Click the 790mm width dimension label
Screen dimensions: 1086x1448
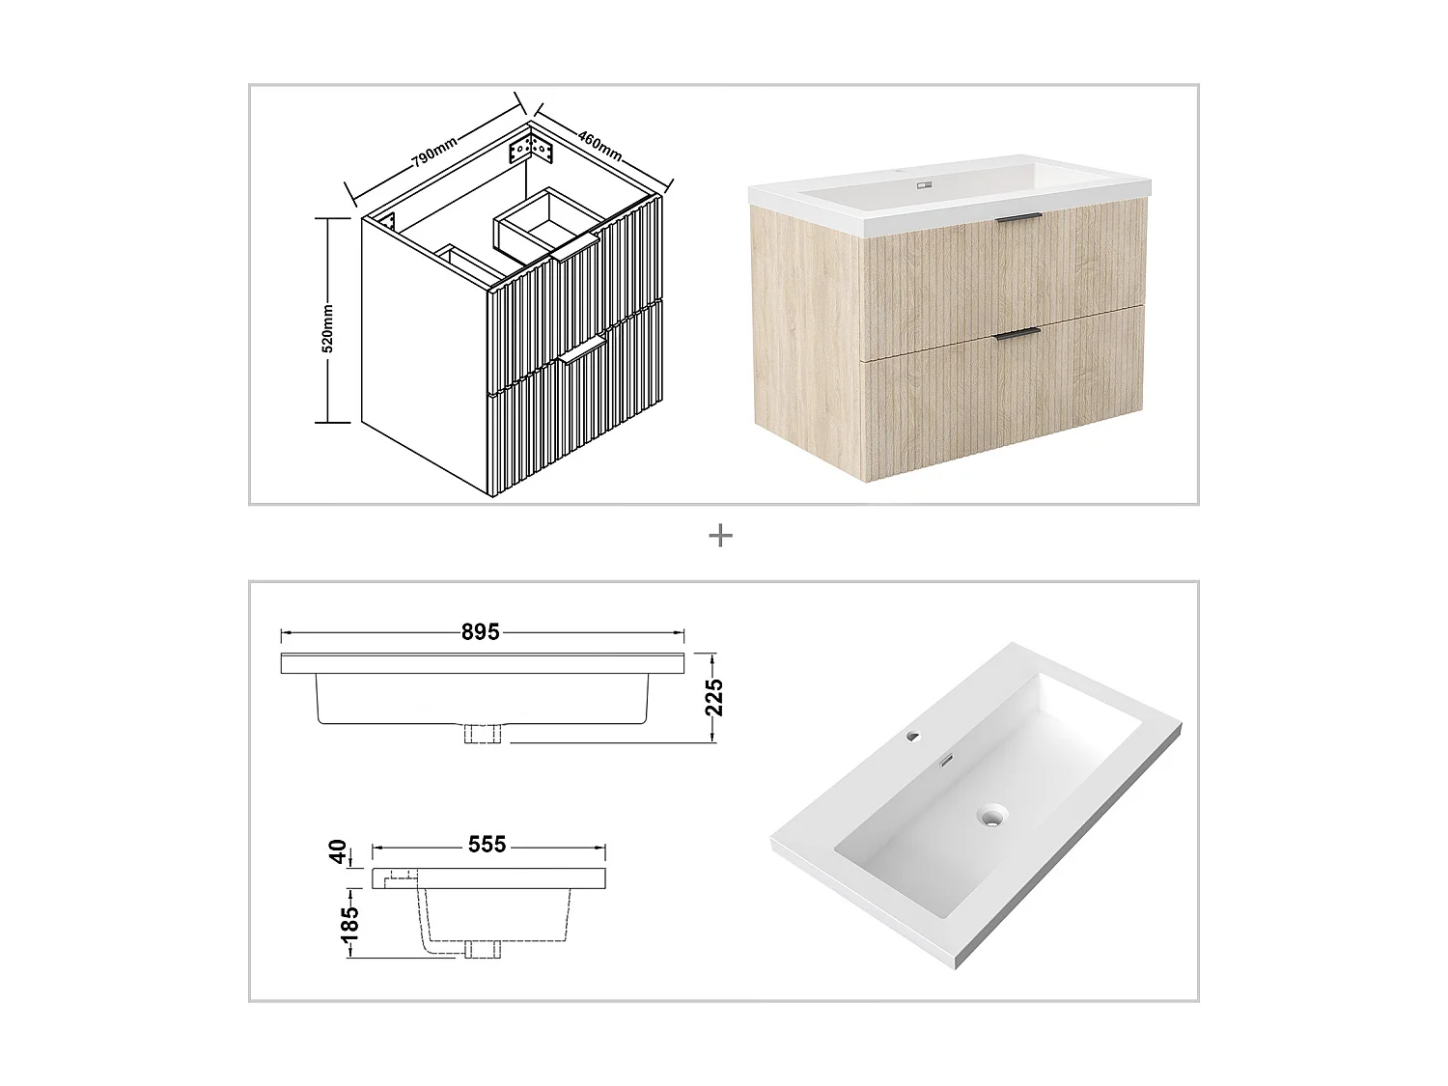point(434,154)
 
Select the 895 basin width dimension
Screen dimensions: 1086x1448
point(480,632)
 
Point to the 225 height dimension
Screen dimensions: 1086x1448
point(714,697)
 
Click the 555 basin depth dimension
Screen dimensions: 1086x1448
point(487,845)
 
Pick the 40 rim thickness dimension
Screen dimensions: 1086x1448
point(338,852)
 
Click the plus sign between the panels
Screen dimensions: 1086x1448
point(720,536)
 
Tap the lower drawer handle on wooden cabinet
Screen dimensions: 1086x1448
point(1016,333)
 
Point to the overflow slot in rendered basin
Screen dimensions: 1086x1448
point(948,760)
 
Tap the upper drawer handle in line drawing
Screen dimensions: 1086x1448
point(576,253)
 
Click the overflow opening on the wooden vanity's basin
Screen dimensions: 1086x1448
point(924,185)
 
